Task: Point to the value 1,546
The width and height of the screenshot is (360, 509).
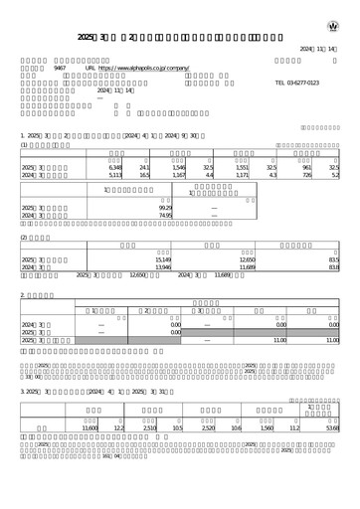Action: tap(179, 168)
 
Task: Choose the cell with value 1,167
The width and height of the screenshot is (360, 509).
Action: tap(179, 176)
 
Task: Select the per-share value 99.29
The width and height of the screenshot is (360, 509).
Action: tap(165, 207)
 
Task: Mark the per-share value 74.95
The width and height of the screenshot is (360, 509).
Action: tap(165, 215)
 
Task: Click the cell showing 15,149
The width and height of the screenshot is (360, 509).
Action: tap(163, 259)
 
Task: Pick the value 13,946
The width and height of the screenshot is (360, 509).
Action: tap(163, 267)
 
